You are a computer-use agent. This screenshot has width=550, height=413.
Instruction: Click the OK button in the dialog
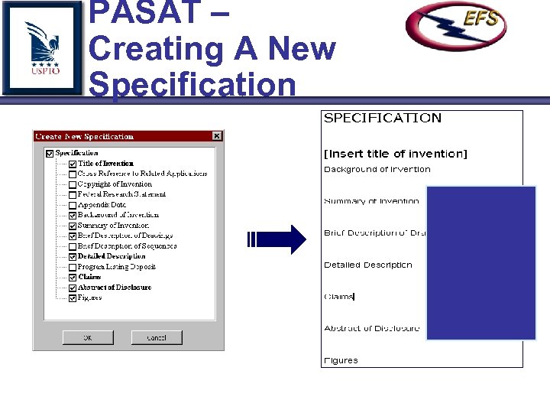click(87, 337)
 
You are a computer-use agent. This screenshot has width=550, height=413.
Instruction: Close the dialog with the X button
click(217, 136)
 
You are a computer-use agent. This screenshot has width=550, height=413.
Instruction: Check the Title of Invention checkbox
click(72, 164)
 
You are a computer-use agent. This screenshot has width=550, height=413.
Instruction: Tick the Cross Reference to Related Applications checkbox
click(72, 174)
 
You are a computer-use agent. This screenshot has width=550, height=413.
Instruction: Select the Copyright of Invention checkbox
click(72, 184)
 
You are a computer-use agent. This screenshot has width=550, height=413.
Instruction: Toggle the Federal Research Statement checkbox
click(72, 194)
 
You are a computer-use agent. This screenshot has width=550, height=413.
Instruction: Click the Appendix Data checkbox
click(72, 205)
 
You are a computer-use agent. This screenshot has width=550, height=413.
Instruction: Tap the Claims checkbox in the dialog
click(72, 277)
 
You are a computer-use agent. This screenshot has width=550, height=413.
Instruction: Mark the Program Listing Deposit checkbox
click(72, 267)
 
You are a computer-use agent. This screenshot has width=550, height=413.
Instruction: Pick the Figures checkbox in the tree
click(72, 298)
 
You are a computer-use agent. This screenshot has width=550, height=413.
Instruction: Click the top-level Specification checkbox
click(50, 153)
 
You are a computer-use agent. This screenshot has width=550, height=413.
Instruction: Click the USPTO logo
click(42, 47)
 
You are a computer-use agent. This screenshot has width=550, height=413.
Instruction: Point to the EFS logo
click(456, 26)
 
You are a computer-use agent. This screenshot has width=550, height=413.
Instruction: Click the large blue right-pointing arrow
click(277, 239)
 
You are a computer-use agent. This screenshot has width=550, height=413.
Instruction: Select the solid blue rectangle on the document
click(480, 262)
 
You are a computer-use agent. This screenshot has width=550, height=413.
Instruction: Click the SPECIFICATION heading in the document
click(383, 118)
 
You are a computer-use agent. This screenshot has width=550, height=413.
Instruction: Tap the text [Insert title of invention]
click(396, 154)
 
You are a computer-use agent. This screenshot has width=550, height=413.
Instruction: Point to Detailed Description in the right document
click(367, 265)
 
